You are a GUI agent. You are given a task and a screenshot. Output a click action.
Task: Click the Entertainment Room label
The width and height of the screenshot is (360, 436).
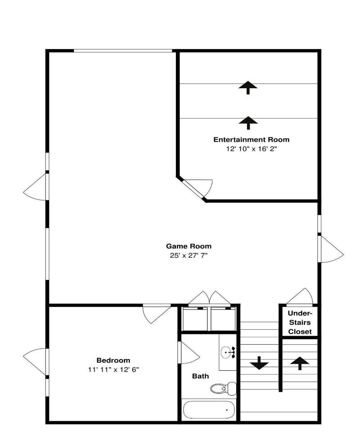pyautogui.click(x=251, y=139)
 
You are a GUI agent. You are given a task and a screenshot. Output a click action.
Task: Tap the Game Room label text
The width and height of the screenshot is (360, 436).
pyautogui.click(x=189, y=246)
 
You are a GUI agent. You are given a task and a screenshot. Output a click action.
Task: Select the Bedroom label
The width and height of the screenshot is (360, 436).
pyautogui.click(x=113, y=360)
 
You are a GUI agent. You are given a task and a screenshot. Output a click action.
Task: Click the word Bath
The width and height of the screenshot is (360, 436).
pyautogui.click(x=200, y=376)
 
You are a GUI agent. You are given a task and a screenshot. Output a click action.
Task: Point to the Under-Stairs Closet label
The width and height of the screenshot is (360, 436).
pyautogui.click(x=300, y=323)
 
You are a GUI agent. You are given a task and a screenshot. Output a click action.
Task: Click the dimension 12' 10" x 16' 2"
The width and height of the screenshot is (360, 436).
pyautogui.click(x=252, y=149)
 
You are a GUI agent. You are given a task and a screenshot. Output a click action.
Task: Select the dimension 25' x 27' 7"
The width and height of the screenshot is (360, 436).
pyautogui.click(x=189, y=255)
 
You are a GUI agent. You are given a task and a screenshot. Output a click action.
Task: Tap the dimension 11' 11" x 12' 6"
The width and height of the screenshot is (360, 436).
pyautogui.click(x=113, y=369)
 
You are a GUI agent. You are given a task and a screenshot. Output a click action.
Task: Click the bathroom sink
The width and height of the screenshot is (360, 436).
pyautogui.click(x=228, y=353)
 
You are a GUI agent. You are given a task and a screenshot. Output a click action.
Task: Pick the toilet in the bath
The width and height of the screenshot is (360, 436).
pyautogui.click(x=223, y=388)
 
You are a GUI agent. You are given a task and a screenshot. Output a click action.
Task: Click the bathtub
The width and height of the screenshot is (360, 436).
pyautogui.click(x=209, y=409)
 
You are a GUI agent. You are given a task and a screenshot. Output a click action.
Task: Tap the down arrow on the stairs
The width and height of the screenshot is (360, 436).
pyautogui.click(x=259, y=363)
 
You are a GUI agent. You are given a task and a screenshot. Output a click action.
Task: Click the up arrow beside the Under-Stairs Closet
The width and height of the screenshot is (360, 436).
pyautogui.click(x=300, y=364)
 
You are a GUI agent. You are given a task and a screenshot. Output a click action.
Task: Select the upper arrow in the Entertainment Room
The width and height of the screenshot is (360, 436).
pyautogui.click(x=248, y=88)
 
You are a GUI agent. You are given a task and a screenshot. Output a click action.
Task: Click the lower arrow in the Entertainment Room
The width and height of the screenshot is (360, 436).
pyautogui.click(x=248, y=123)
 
